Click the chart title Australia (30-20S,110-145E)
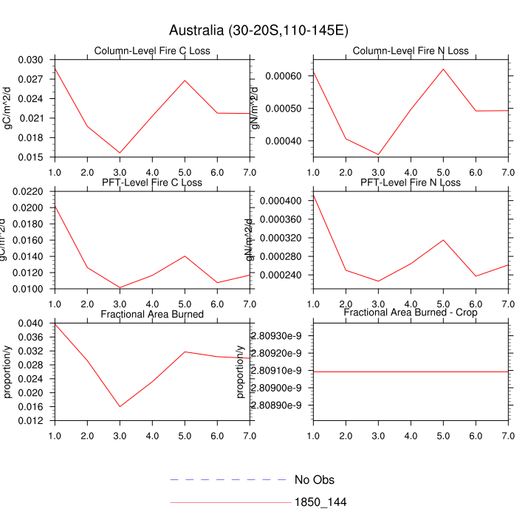(x=258, y=30)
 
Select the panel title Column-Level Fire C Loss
(x=152, y=51)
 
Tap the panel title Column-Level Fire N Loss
(x=411, y=51)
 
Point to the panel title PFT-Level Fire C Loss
(x=152, y=182)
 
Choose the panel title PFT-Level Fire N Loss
(x=411, y=182)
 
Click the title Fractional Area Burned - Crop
(x=411, y=313)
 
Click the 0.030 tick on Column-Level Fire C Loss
(x=33, y=60)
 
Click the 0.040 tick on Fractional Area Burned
(x=33, y=323)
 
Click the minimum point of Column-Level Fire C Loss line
(x=120, y=153)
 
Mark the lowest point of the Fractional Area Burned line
(x=120, y=407)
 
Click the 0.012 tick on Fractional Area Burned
(x=33, y=421)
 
